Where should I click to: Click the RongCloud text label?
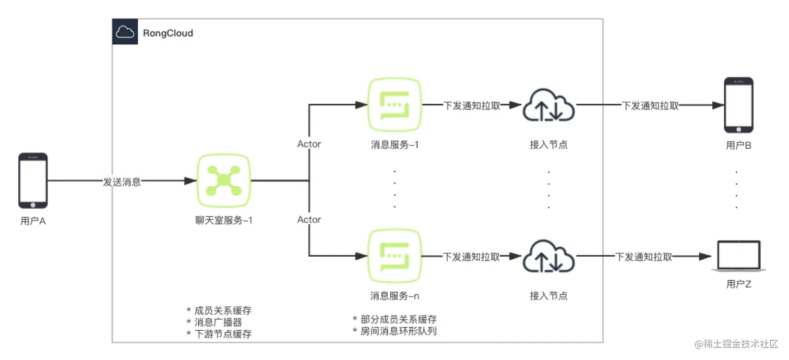[168, 33]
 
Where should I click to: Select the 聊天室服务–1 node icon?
[223, 180]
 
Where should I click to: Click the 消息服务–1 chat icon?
[394, 105]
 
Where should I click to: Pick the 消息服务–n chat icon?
[394, 256]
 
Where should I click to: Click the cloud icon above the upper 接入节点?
[548, 105]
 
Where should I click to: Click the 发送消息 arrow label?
[122, 182]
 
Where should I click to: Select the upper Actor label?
[309, 144]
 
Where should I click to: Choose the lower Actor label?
[309, 220]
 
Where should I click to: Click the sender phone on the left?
[33, 179]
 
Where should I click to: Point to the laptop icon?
[739, 256]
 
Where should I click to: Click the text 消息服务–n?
[394, 296]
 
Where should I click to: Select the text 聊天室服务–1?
[223, 220]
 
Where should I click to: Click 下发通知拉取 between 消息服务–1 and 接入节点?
[472, 105]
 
